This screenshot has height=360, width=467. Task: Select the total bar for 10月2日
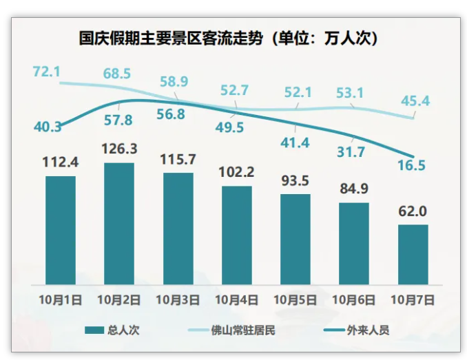tap(119, 224)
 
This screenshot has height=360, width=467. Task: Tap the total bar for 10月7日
tap(413, 255)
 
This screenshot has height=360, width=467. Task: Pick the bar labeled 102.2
tap(237, 235)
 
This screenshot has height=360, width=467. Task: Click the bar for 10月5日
tap(295, 239)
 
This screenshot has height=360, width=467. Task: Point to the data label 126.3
tap(119, 149)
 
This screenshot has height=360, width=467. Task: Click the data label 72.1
tap(47, 71)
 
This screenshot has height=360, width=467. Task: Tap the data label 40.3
tap(47, 127)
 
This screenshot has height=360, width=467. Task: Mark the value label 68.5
tap(117, 73)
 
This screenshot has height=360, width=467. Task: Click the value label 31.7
tap(351, 152)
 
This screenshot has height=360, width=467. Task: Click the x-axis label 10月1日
tap(61, 299)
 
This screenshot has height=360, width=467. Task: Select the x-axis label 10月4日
tap(236, 299)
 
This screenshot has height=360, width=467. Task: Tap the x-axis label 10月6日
tap(354, 299)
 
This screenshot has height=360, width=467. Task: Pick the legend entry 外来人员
tap(364, 330)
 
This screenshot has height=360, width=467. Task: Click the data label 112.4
tap(61, 162)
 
